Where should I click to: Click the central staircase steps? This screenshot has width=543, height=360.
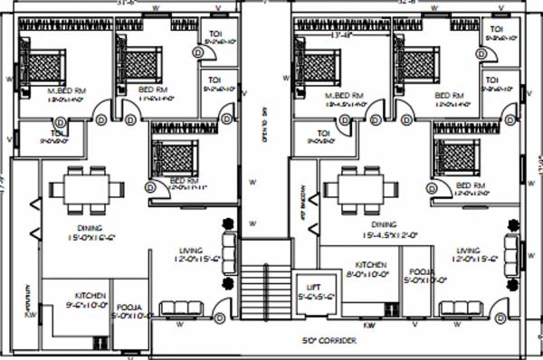coord(266,290)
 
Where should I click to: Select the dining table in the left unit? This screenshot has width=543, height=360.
coord(89,191)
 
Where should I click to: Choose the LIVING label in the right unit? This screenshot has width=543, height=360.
coord(468,251)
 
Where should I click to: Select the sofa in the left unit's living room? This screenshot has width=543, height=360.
coord(224,248)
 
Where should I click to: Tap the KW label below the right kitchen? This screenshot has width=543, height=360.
coord(369,323)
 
